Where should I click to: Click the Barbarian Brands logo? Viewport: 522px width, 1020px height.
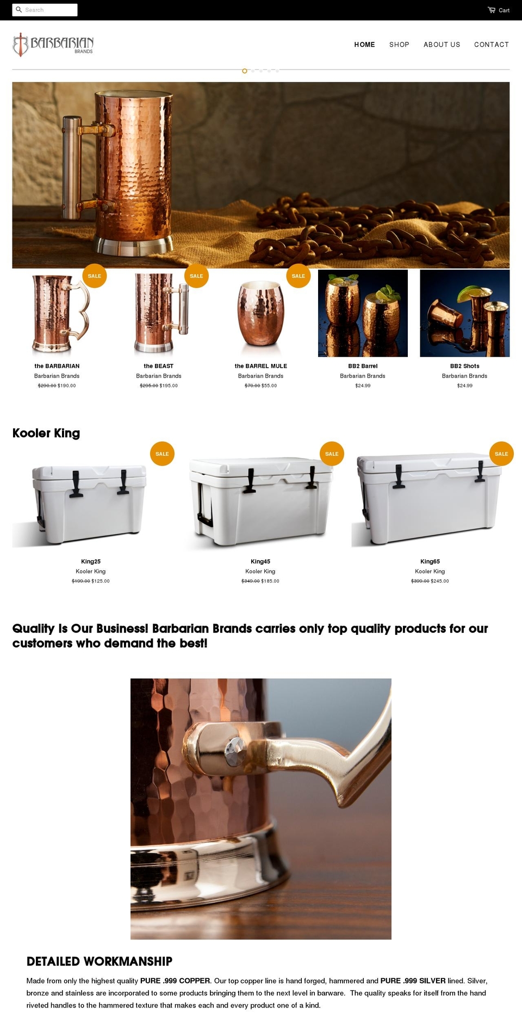pos(53,45)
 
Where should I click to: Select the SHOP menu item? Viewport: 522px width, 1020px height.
pos(399,45)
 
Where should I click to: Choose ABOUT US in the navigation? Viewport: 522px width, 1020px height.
pos(442,45)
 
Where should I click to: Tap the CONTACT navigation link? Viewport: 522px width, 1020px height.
pos(491,45)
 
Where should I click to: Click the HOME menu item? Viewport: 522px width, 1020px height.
pos(364,45)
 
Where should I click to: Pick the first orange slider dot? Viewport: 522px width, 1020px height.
pos(245,71)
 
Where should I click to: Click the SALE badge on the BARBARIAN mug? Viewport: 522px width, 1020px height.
pos(95,276)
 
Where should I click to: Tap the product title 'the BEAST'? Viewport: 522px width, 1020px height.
pos(159,366)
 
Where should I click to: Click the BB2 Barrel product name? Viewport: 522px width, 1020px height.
pos(363,366)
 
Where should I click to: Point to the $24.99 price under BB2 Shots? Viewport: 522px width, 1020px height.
pos(464,386)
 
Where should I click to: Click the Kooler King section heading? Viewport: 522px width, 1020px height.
pos(46,433)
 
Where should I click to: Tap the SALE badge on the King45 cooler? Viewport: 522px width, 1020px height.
pos(332,454)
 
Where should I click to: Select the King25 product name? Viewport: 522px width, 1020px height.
pos(91,561)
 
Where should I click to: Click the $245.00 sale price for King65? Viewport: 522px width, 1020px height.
pos(440,581)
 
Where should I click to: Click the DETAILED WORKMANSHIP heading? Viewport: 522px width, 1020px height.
pos(100,961)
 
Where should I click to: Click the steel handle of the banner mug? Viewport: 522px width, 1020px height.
pos(71,163)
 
